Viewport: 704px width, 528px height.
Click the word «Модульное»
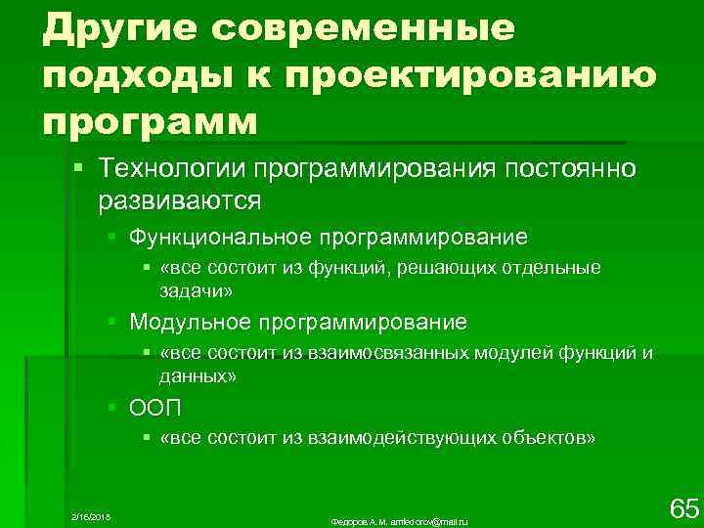point(189,322)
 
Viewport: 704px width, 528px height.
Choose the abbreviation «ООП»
point(156,406)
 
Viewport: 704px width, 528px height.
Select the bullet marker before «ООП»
point(114,406)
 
